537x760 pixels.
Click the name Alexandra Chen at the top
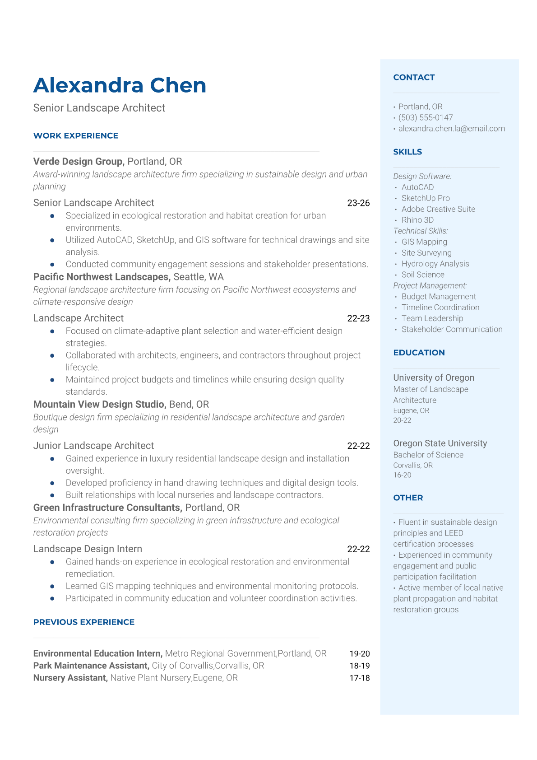pos(120,85)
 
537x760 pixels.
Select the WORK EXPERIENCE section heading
pos(76,135)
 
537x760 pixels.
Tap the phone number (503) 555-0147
pos(426,117)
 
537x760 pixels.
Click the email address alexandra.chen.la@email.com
pos(451,128)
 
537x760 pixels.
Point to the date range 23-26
pos(358,203)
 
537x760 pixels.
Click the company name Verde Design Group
pos(79,162)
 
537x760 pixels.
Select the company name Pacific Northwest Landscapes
pos(102,277)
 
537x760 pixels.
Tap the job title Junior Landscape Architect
pos(93,446)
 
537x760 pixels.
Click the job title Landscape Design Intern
pos(88,549)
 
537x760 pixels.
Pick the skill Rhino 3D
pos(417,220)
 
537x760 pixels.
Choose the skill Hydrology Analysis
pos(435,264)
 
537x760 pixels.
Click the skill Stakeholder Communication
pos(452,329)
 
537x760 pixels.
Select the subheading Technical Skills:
pos(420,231)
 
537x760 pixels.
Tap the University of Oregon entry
pos(433,378)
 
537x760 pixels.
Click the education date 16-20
pos(402,475)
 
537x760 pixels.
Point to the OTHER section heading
pos(408,498)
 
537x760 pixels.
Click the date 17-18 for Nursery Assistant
pos(359,678)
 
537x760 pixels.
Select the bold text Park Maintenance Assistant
pos(91,666)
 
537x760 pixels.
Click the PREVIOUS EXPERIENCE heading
pos(84,622)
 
